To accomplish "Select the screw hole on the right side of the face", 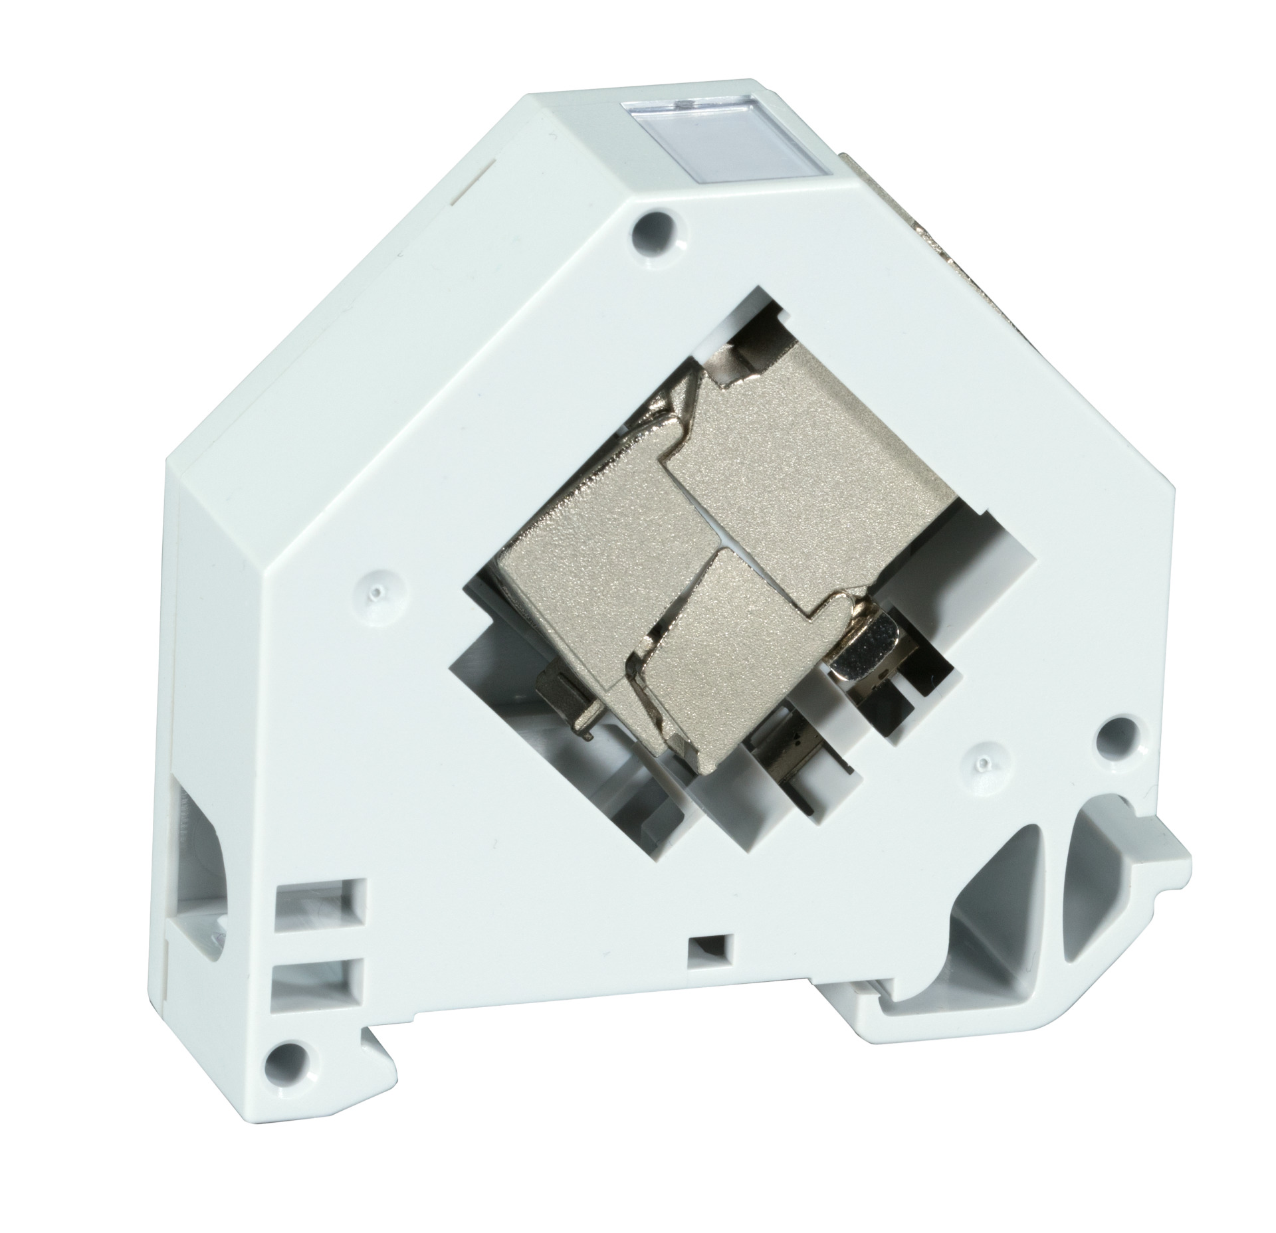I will click(x=1114, y=734).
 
